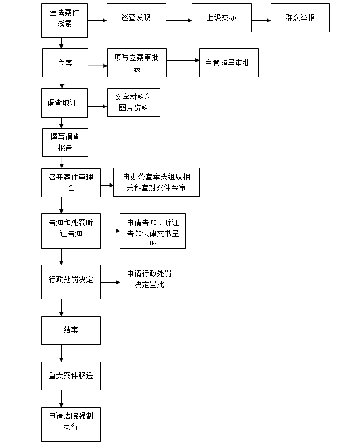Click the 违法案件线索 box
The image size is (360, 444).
tap(65, 21)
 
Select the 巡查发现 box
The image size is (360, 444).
tap(136, 18)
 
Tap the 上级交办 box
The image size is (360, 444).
tap(221, 18)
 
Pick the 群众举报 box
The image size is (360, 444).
tap(300, 18)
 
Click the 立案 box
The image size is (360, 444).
tap(65, 63)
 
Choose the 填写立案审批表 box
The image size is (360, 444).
tap(137, 63)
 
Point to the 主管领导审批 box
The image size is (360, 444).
tap(228, 63)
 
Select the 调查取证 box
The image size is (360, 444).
tap(65, 103)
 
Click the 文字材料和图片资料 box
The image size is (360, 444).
tap(133, 103)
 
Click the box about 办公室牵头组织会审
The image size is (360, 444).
tap(157, 182)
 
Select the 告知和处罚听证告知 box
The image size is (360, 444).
tap(71, 231)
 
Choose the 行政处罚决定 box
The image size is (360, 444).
tap(71, 282)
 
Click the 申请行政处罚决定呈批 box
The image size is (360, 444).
tap(149, 282)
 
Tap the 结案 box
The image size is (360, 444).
tap(71, 330)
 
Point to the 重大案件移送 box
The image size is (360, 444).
tap(71, 376)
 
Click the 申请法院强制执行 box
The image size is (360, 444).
tap(71, 423)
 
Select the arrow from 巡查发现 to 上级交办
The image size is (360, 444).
tap(179, 21)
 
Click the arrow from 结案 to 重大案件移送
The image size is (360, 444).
tap(61, 353)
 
